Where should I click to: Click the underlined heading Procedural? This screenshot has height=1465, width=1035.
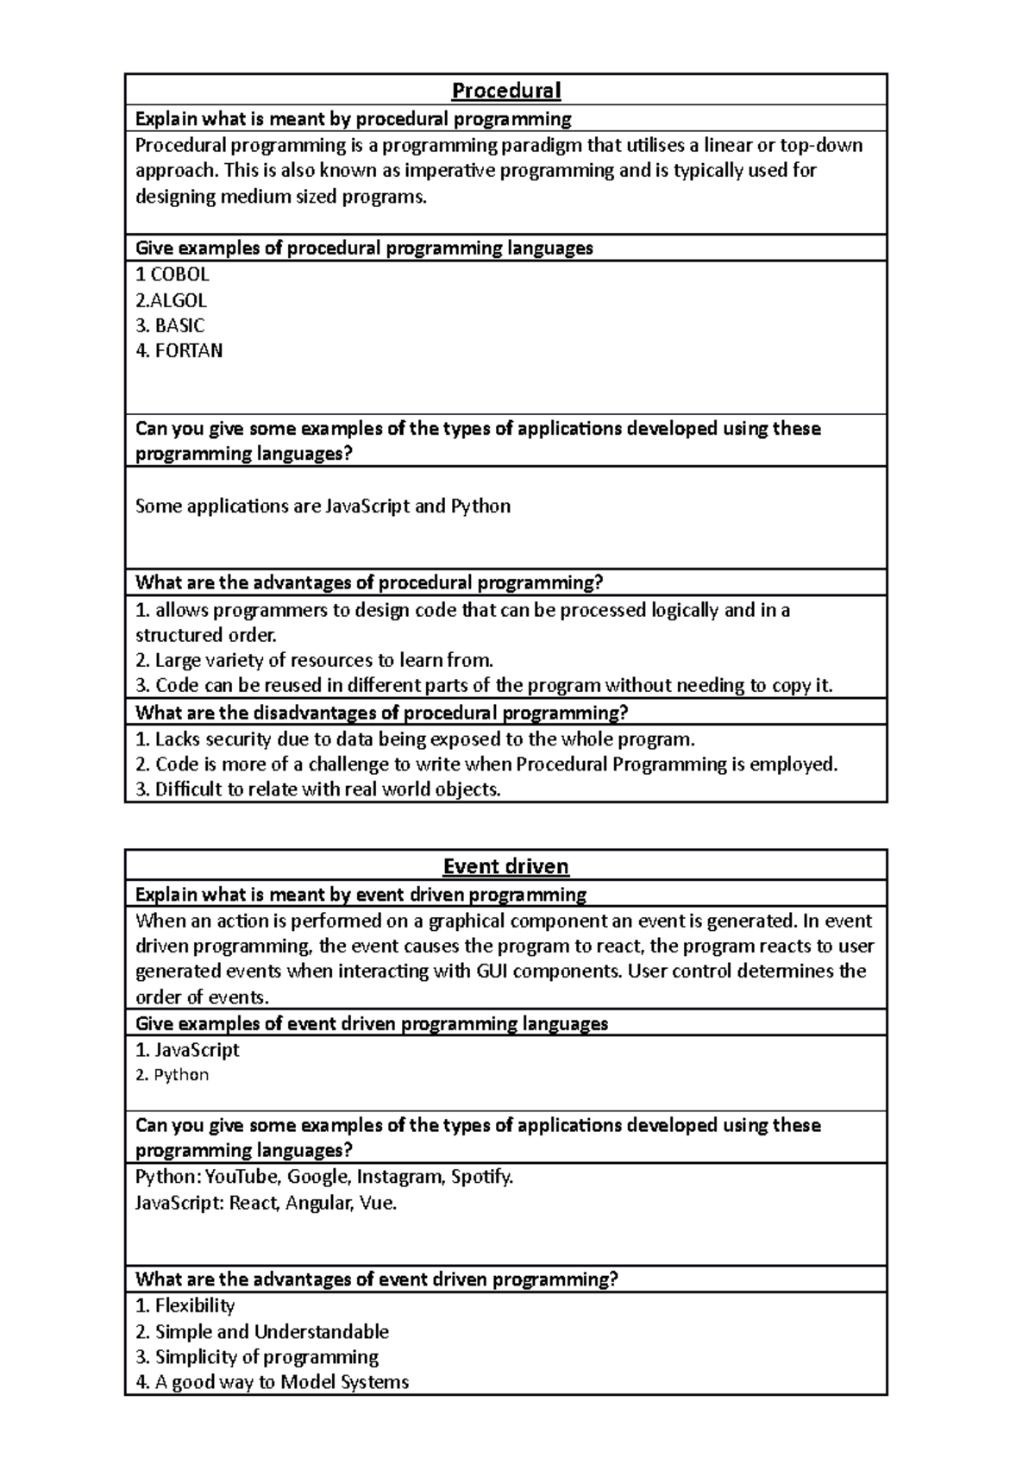tap(506, 91)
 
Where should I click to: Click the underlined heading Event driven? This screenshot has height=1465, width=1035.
tap(505, 866)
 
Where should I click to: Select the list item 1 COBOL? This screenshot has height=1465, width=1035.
tap(172, 274)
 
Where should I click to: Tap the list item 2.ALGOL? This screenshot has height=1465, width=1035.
tap(171, 300)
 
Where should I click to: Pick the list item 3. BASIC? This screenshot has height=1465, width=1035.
tap(170, 325)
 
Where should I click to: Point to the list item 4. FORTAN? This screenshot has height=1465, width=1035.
tap(179, 350)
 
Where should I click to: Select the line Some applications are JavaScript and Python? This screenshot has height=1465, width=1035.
tap(323, 506)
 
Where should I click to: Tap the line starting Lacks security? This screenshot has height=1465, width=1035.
tap(415, 739)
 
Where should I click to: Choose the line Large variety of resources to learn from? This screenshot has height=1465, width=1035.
tap(315, 661)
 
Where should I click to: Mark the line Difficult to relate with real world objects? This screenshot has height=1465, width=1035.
tap(318, 789)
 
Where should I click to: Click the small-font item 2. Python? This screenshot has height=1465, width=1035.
tap(172, 1075)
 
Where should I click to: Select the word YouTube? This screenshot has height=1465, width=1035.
tap(241, 1177)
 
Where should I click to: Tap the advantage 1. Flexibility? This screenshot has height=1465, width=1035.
tap(185, 1306)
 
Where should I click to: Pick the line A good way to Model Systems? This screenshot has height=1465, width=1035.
tap(273, 1382)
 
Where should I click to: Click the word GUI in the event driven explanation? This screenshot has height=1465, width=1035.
tap(497, 971)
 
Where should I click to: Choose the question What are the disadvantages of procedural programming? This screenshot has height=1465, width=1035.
tap(382, 713)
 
